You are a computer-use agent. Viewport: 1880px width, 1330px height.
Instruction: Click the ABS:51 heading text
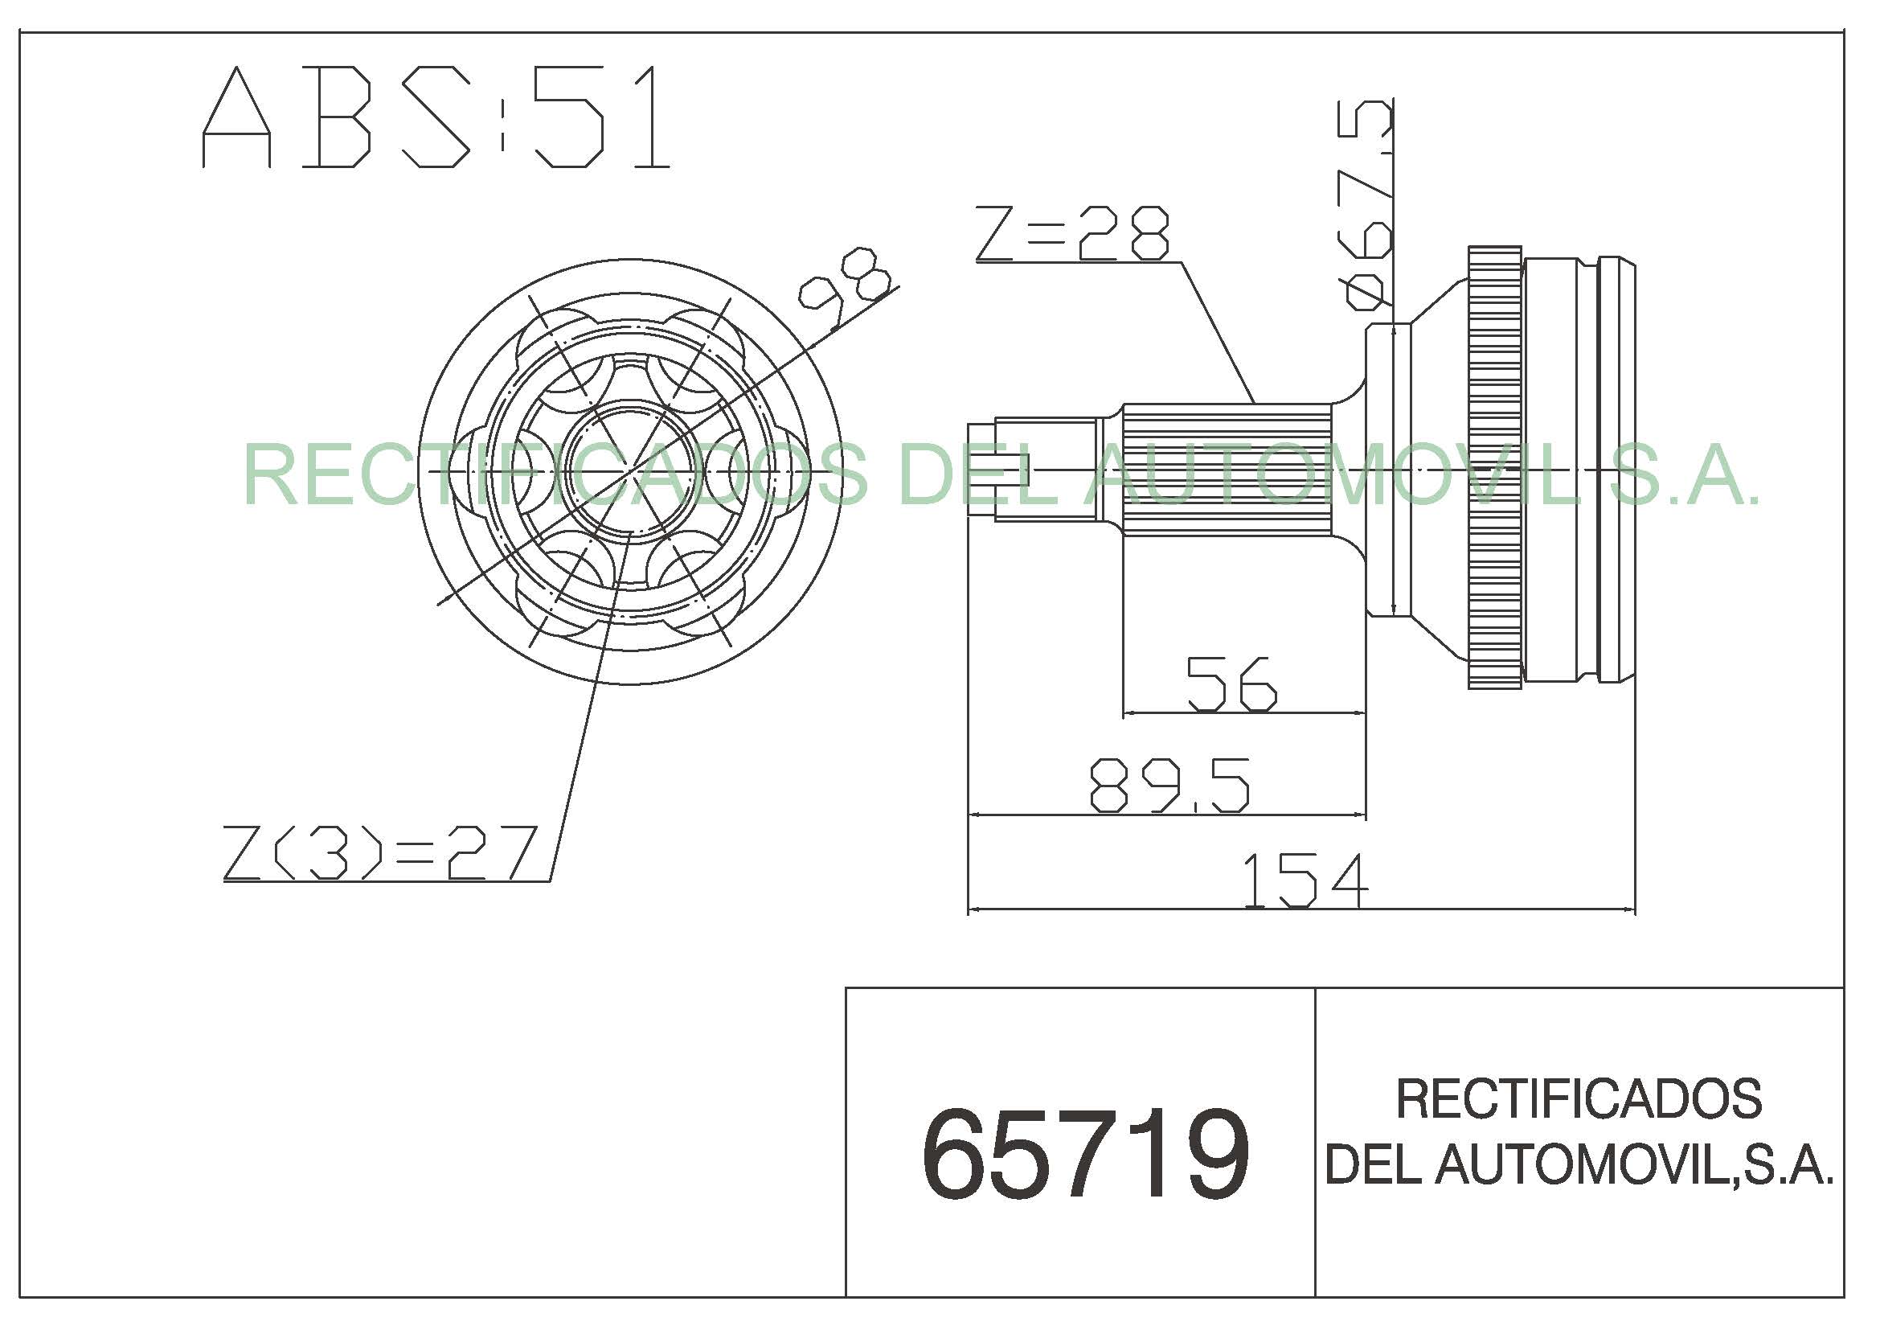coord(436,118)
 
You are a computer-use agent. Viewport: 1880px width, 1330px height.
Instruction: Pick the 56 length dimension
coord(1231,683)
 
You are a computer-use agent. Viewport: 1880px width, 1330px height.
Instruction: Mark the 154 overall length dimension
coord(1305,881)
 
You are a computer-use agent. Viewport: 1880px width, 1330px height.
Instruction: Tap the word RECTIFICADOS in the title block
coord(1579,1099)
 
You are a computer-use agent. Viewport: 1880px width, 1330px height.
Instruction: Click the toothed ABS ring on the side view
coord(1494,467)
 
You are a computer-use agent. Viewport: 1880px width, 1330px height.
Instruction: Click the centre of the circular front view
coord(630,472)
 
